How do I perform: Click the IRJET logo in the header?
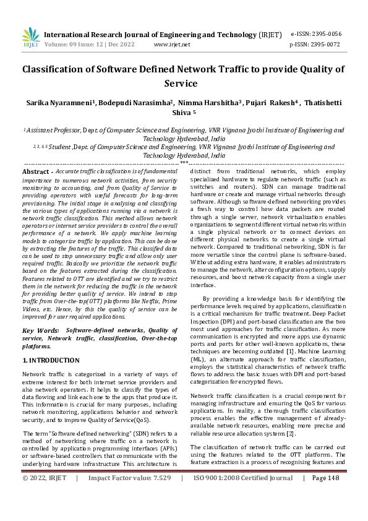tap(30, 38)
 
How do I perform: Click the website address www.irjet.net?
tap(171, 45)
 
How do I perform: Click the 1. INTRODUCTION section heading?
tap(51, 360)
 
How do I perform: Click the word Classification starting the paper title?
tap(54, 70)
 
